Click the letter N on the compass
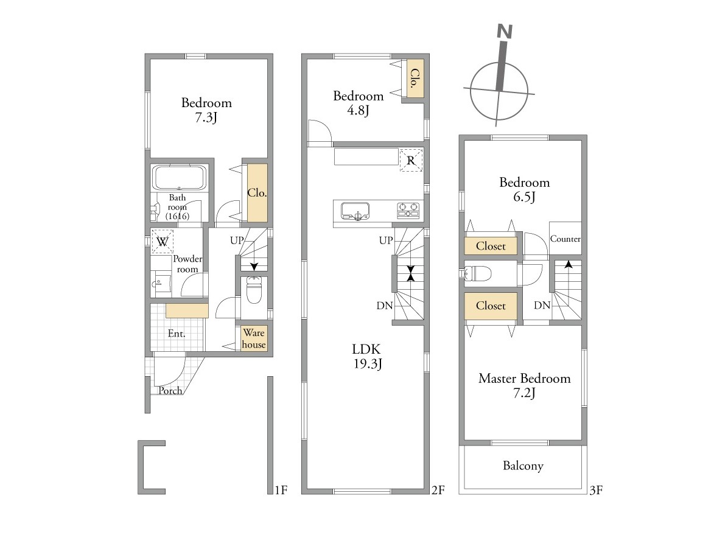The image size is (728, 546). [504, 32]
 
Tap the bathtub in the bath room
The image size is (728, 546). [179, 177]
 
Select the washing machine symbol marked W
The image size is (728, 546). [163, 242]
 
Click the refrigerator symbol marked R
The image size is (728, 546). [411, 160]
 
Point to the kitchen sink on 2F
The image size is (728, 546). [355, 211]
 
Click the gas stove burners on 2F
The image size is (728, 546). [408, 211]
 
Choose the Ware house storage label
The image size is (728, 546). [253, 338]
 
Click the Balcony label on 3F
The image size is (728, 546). [523, 466]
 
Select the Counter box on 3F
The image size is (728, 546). [565, 238]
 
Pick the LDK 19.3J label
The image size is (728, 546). [367, 356]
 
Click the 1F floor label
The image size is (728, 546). [281, 490]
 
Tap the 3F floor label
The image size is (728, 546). [596, 490]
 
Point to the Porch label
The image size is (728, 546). [170, 390]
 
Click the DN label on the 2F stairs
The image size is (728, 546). [385, 306]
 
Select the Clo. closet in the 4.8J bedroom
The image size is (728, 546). [413, 78]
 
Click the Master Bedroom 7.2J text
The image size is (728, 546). [524, 385]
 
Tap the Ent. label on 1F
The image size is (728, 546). [177, 334]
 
